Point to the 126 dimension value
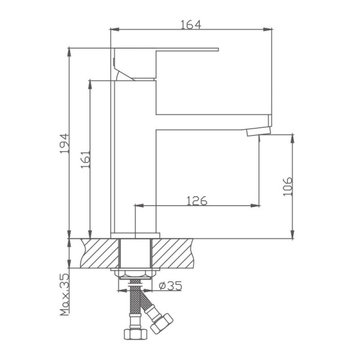(x=196, y=201)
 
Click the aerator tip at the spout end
(x=259, y=131)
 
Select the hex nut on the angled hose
(x=163, y=322)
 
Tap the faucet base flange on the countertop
(x=136, y=235)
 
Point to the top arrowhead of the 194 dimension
(x=70, y=51)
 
